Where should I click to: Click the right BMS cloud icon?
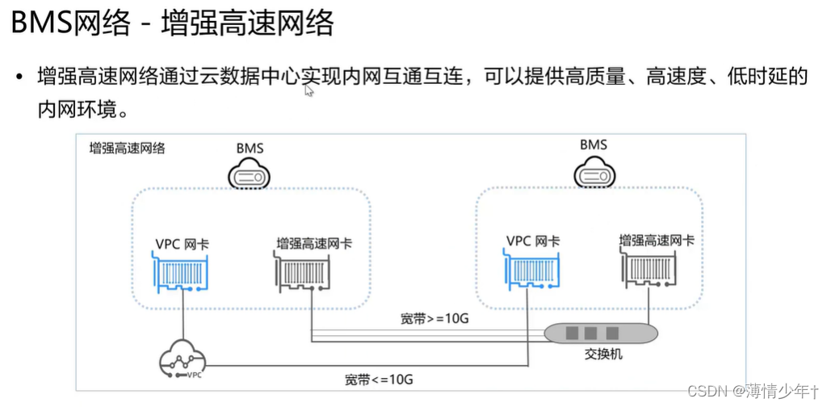594,172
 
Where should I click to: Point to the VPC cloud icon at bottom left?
182,361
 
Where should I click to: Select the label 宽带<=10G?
378,379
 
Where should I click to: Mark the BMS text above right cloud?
594,145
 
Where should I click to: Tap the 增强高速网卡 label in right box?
656,240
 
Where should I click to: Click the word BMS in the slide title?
40,23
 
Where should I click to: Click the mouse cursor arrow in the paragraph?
308,90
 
